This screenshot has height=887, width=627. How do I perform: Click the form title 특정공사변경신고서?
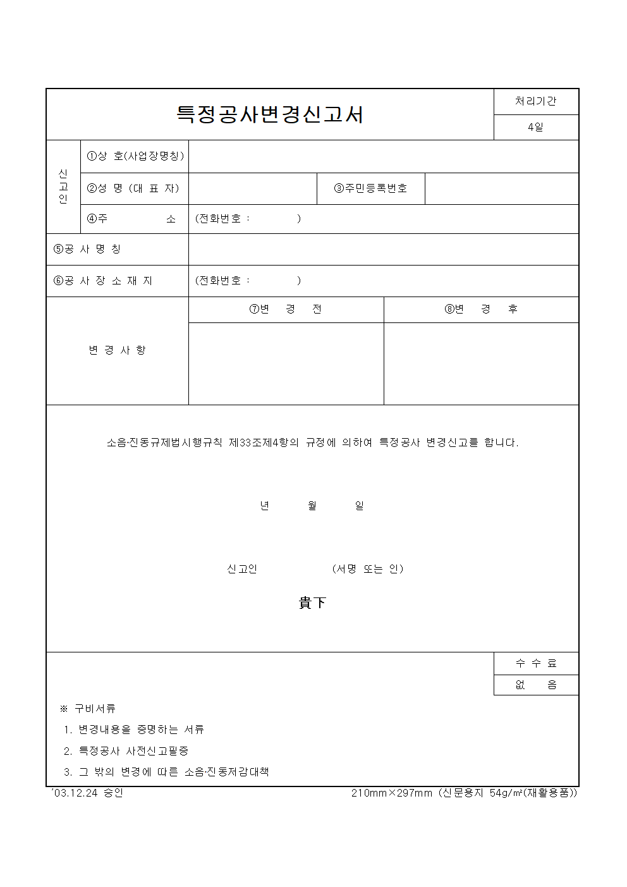click(270, 114)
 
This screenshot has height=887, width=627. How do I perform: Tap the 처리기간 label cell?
click(535, 102)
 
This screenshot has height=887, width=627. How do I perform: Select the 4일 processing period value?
click(535, 127)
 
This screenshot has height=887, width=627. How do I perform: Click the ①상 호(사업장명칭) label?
click(135, 156)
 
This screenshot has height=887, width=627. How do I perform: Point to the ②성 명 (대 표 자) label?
click(133, 188)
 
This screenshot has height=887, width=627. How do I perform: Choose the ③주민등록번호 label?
click(370, 188)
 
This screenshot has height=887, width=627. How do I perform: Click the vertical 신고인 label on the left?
click(63, 187)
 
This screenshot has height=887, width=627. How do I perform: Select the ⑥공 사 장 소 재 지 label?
click(102, 281)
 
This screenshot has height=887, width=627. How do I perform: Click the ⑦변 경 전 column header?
click(286, 309)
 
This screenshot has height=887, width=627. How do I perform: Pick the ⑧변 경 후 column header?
click(481, 309)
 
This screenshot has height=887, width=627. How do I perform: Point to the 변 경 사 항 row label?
click(117, 350)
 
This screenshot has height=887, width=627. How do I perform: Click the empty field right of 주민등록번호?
click(501, 188)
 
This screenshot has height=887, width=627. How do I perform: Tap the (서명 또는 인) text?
click(367, 569)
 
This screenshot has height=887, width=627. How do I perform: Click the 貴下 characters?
click(312, 603)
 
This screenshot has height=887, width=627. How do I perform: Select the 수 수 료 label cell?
click(535, 663)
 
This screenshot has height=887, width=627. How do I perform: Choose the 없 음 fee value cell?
click(535, 685)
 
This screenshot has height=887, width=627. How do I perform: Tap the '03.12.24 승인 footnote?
click(86, 793)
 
